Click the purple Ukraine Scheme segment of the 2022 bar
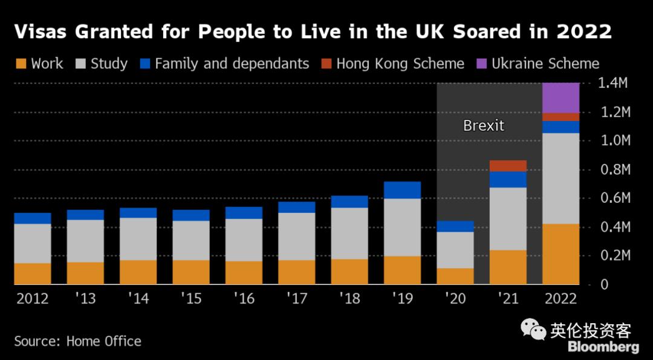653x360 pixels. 560,97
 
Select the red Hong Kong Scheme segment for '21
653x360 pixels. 508,166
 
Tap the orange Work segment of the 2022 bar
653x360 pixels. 560,254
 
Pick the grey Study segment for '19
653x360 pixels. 402,227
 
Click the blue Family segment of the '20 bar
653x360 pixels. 455,226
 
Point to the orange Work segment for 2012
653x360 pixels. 32,273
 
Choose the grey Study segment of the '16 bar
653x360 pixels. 244,240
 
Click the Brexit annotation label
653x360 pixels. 483,126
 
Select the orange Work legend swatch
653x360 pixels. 21,64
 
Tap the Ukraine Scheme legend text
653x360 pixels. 545,64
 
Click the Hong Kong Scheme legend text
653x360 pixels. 400,64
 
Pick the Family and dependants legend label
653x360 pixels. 232,64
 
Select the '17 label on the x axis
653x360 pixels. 296,299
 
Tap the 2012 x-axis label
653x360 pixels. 32,299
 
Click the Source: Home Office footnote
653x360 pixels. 77,341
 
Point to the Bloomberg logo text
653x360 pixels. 603,347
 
